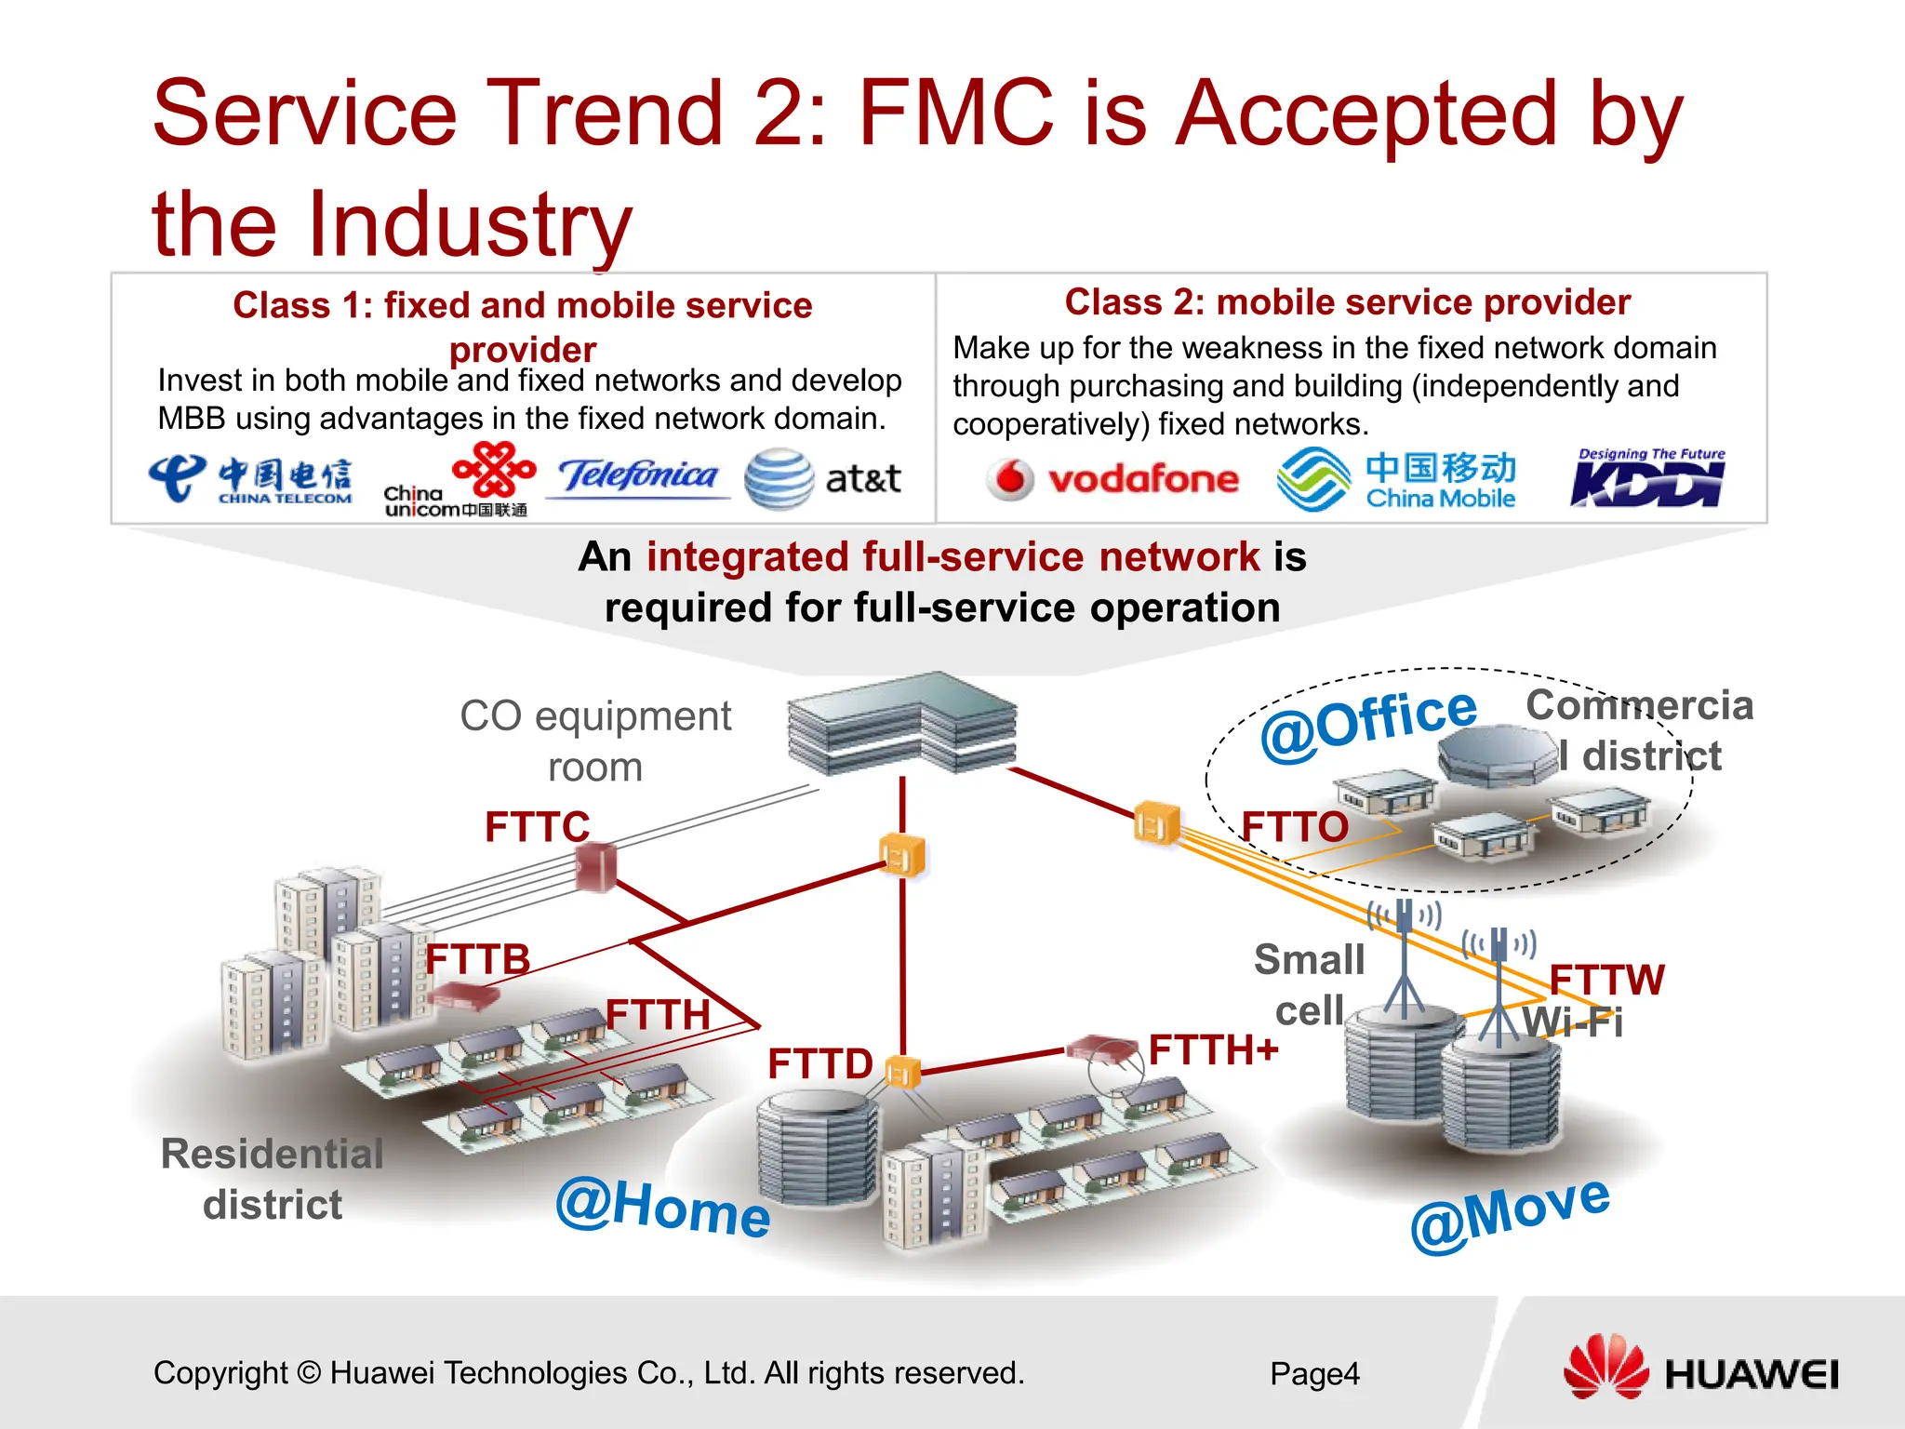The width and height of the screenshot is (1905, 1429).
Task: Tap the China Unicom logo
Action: (459, 480)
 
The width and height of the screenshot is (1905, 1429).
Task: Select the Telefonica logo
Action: (638, 476)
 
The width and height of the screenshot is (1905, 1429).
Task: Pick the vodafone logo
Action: (1112, 479)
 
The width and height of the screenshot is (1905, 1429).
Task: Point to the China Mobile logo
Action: (1395, 479)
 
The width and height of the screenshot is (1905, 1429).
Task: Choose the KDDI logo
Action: (1647, 479)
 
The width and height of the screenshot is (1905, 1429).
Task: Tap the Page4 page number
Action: (1314, 1373)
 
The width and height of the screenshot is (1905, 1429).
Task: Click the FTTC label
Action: (537, 826)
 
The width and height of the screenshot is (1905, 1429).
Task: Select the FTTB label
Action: (477, 959)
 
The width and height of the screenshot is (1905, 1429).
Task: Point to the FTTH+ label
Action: (1213, 1050)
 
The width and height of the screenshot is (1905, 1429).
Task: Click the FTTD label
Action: (819, 1063)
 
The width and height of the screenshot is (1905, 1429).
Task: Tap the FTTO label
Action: (1294, 826)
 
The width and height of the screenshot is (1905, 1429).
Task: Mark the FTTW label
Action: (1606, 980)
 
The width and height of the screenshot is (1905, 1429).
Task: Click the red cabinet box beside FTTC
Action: (595, 866)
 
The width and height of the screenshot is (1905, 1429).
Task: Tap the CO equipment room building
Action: (900, 724)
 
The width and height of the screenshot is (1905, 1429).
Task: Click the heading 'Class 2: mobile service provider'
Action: (1347, 302)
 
